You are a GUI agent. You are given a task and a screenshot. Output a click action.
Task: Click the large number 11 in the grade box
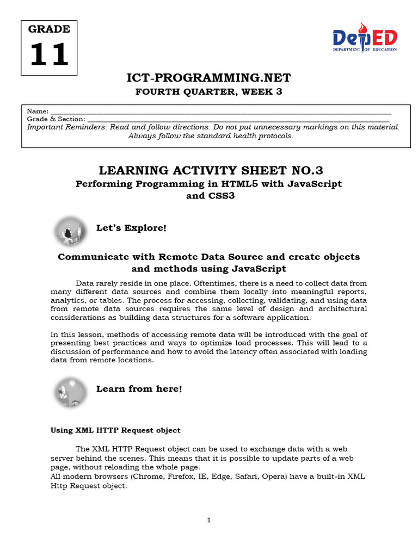coord(49,55)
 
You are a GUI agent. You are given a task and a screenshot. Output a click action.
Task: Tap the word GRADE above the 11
coord(49,29)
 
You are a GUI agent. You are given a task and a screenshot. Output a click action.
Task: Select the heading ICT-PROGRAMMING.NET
coord(209,77)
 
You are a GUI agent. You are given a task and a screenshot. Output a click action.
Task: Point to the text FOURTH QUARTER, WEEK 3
coord(209,91)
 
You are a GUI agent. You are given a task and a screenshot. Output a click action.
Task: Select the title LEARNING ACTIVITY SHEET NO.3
coord(209,170)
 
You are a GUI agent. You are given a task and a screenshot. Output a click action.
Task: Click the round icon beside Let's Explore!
coord(70,231)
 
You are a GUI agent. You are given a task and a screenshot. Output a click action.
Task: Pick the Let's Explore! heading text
coord(131,227)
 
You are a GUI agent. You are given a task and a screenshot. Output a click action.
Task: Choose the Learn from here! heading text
coord(139,388)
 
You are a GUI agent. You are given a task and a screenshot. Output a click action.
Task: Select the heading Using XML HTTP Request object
coord(115,430)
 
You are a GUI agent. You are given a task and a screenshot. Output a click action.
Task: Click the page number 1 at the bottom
coord(208,521)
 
